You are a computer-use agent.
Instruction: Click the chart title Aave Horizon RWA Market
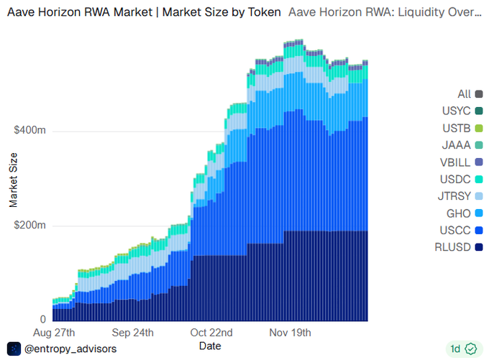[144, 12]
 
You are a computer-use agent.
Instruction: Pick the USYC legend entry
[463, 111]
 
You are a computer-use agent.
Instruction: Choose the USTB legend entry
[464, 128]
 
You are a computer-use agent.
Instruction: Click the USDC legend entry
[463, 179]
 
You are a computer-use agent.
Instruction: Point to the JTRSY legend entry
[463, 196]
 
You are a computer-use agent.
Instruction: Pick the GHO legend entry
[467, 213]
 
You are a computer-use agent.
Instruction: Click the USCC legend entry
[463, 230]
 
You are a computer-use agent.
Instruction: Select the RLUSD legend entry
[461, 247]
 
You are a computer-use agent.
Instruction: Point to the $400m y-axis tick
[30, 131]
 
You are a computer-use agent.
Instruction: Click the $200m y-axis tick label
[30, 226]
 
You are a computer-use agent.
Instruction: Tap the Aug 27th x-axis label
[54, 333]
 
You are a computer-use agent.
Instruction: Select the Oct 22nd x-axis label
[211, 333]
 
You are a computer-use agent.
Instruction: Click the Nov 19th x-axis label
[290, 333]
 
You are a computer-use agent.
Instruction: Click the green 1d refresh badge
[463, 349]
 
